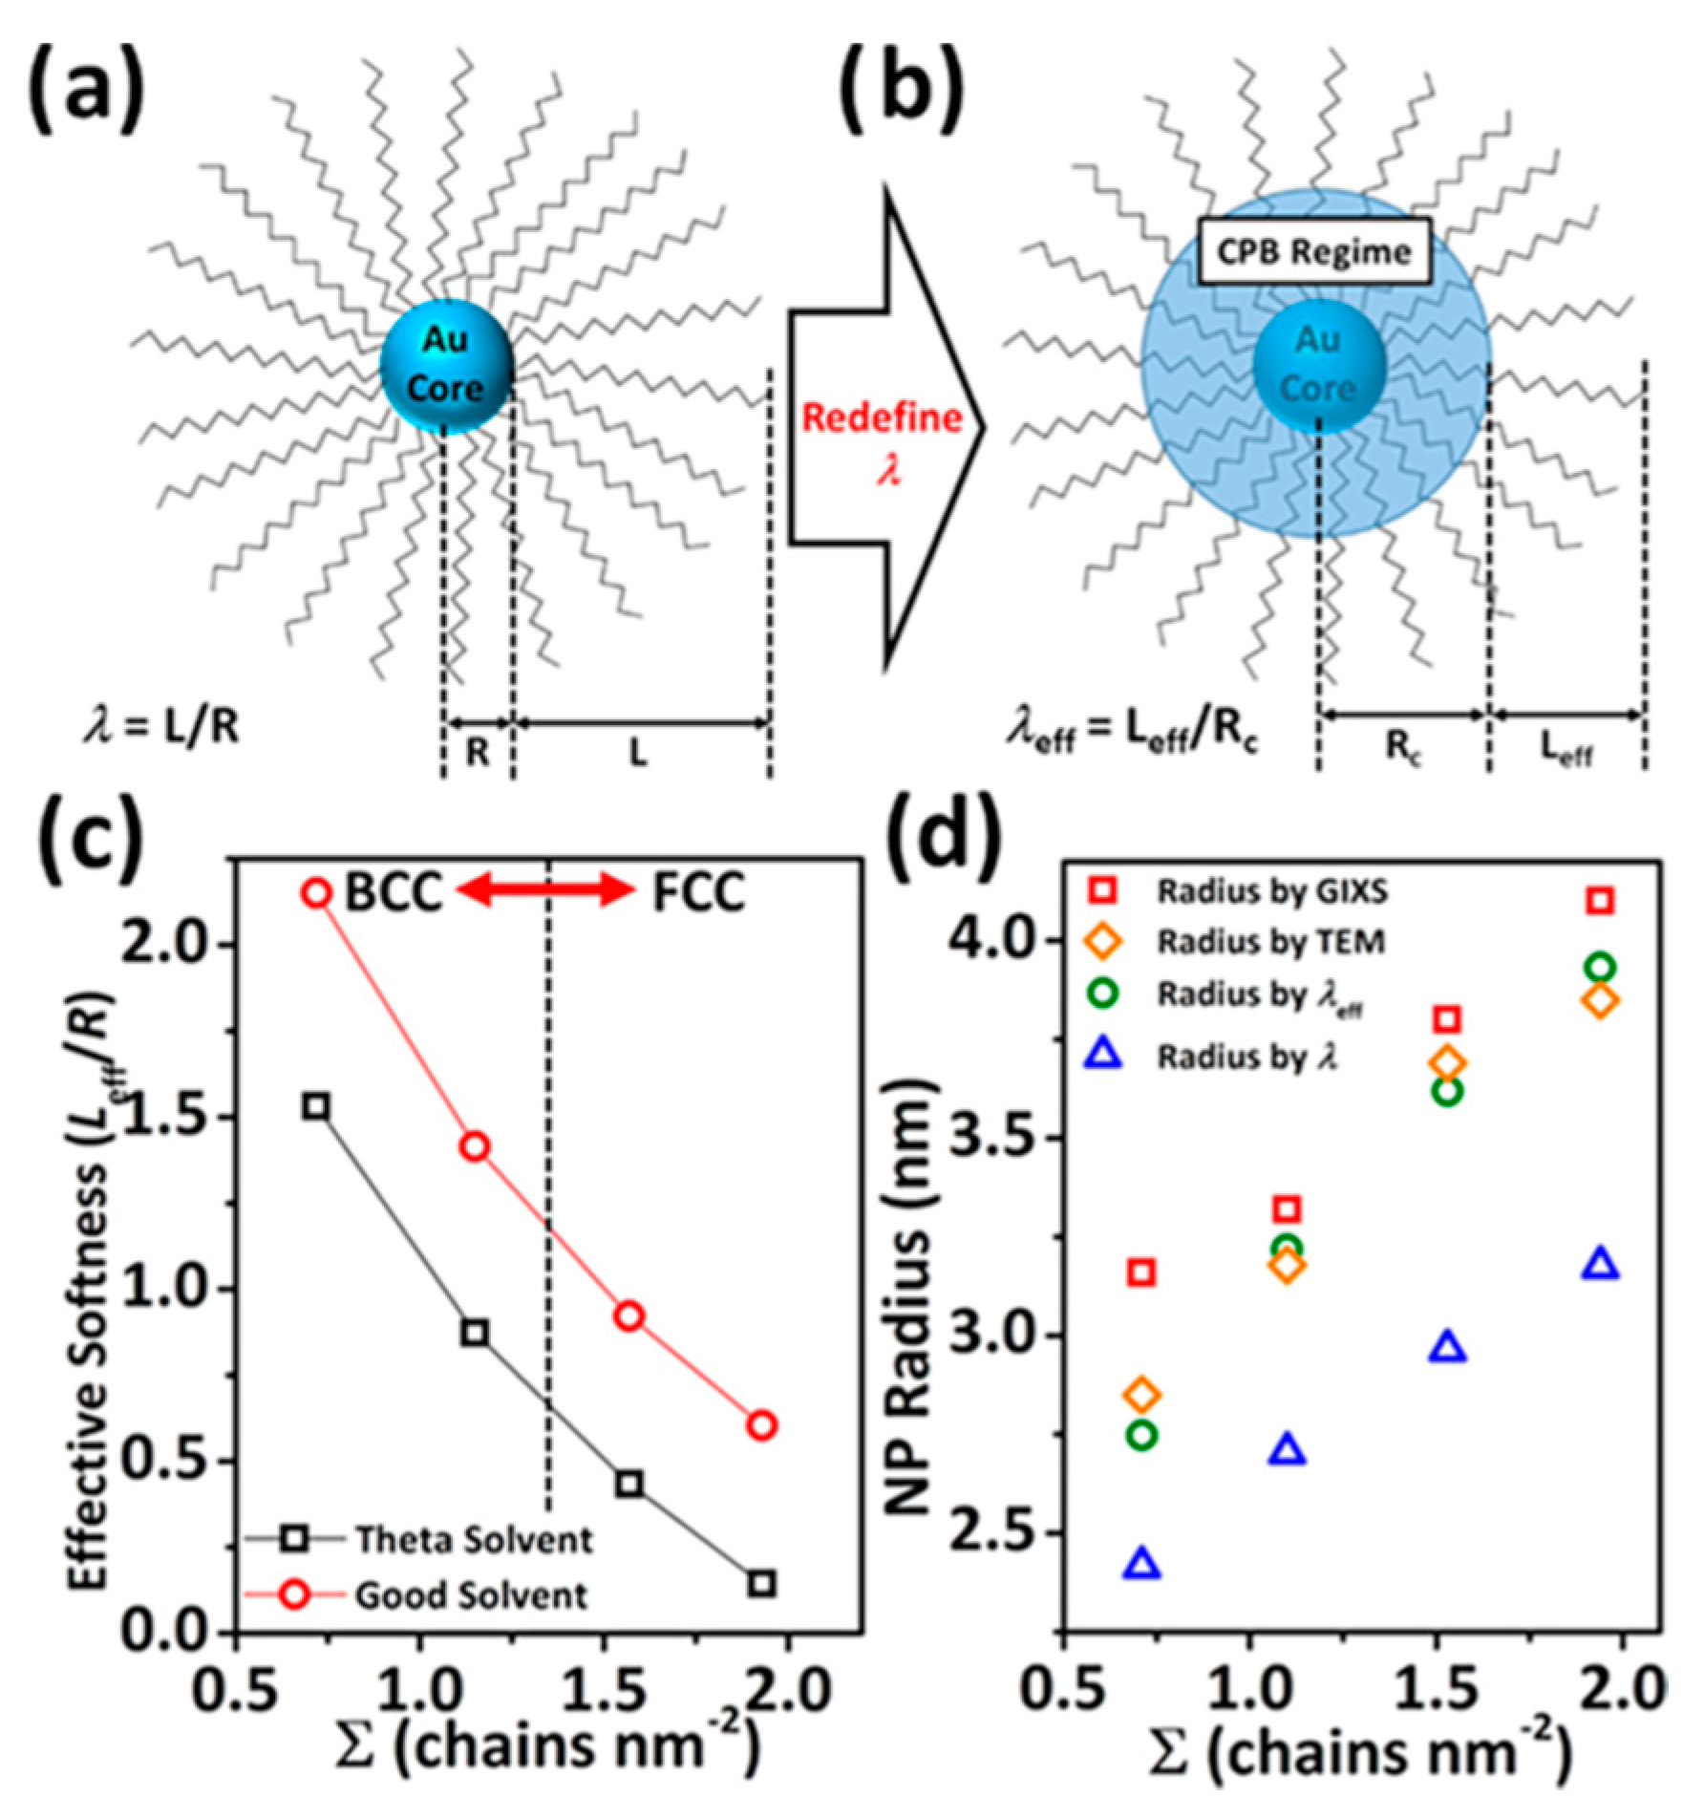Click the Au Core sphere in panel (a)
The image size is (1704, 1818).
pos(446,365)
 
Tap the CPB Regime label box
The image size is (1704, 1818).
pos(1314,252)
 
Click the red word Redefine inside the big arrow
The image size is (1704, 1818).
pos(882,417)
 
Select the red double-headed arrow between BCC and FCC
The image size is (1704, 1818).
pos(544,891)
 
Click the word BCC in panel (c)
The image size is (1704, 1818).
pos(393,893)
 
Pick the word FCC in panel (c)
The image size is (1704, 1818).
pos(698,893)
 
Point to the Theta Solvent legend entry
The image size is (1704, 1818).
pos(473,1541)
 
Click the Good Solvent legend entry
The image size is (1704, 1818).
pos(470,1595)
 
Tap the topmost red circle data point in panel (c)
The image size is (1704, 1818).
pos(316,893)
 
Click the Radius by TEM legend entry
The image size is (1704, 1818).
pos(1270,942)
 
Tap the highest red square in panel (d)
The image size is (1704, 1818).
pos(1601,900)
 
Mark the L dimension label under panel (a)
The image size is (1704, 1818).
pos(637,755)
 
